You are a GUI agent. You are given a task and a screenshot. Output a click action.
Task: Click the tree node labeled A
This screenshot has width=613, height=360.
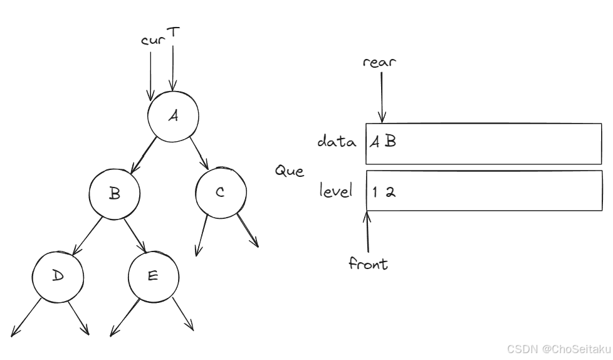(173, 117)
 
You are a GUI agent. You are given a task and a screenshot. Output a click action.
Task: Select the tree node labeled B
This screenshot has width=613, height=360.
(114, 194)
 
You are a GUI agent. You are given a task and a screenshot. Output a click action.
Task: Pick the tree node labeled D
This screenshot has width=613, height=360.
(58, 276)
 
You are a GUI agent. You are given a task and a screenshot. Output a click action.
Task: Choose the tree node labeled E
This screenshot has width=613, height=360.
(154, 276)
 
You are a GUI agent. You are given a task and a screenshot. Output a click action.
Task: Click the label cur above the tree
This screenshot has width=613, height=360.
(152, 41)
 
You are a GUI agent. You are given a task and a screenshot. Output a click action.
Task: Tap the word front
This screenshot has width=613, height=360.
(368, 264)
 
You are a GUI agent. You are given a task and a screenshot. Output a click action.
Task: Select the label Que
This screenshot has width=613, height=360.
(289, 171)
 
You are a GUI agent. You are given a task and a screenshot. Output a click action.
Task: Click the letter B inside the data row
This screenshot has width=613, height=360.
(390, 142)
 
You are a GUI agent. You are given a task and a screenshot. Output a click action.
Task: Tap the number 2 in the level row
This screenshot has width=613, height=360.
(390, 193)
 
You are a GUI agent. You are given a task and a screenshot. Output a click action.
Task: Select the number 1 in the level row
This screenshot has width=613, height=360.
(375, 193)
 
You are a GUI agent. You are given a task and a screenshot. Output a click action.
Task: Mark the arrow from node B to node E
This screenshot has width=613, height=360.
(135, 235)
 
